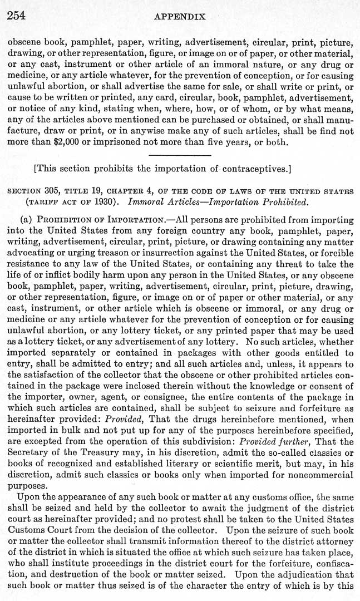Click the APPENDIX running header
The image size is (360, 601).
pos(180,17)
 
